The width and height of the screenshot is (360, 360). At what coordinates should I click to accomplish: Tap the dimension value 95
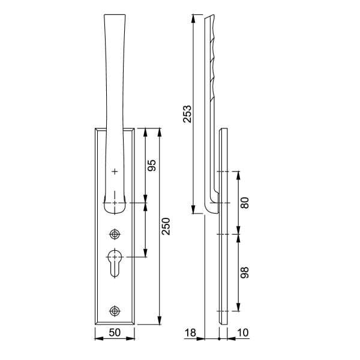click(x=152, y=165)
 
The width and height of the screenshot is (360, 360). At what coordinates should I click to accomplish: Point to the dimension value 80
click(x=244, y=202)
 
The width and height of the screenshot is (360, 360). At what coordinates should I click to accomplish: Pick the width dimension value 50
click(x=115, y=332)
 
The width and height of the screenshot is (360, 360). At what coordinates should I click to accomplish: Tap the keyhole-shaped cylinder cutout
click(x=115, y=263)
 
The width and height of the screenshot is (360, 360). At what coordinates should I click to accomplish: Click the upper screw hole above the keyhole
click(x=115, y=233)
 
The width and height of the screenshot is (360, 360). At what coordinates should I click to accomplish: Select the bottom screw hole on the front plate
click(x=115, y=310)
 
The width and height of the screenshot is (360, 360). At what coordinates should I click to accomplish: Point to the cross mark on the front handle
click(x=115, y=172)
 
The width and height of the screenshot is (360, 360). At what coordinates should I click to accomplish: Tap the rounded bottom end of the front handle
click(x=115, y=208)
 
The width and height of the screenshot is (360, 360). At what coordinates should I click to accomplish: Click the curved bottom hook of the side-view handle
click(x=211, y=208)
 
